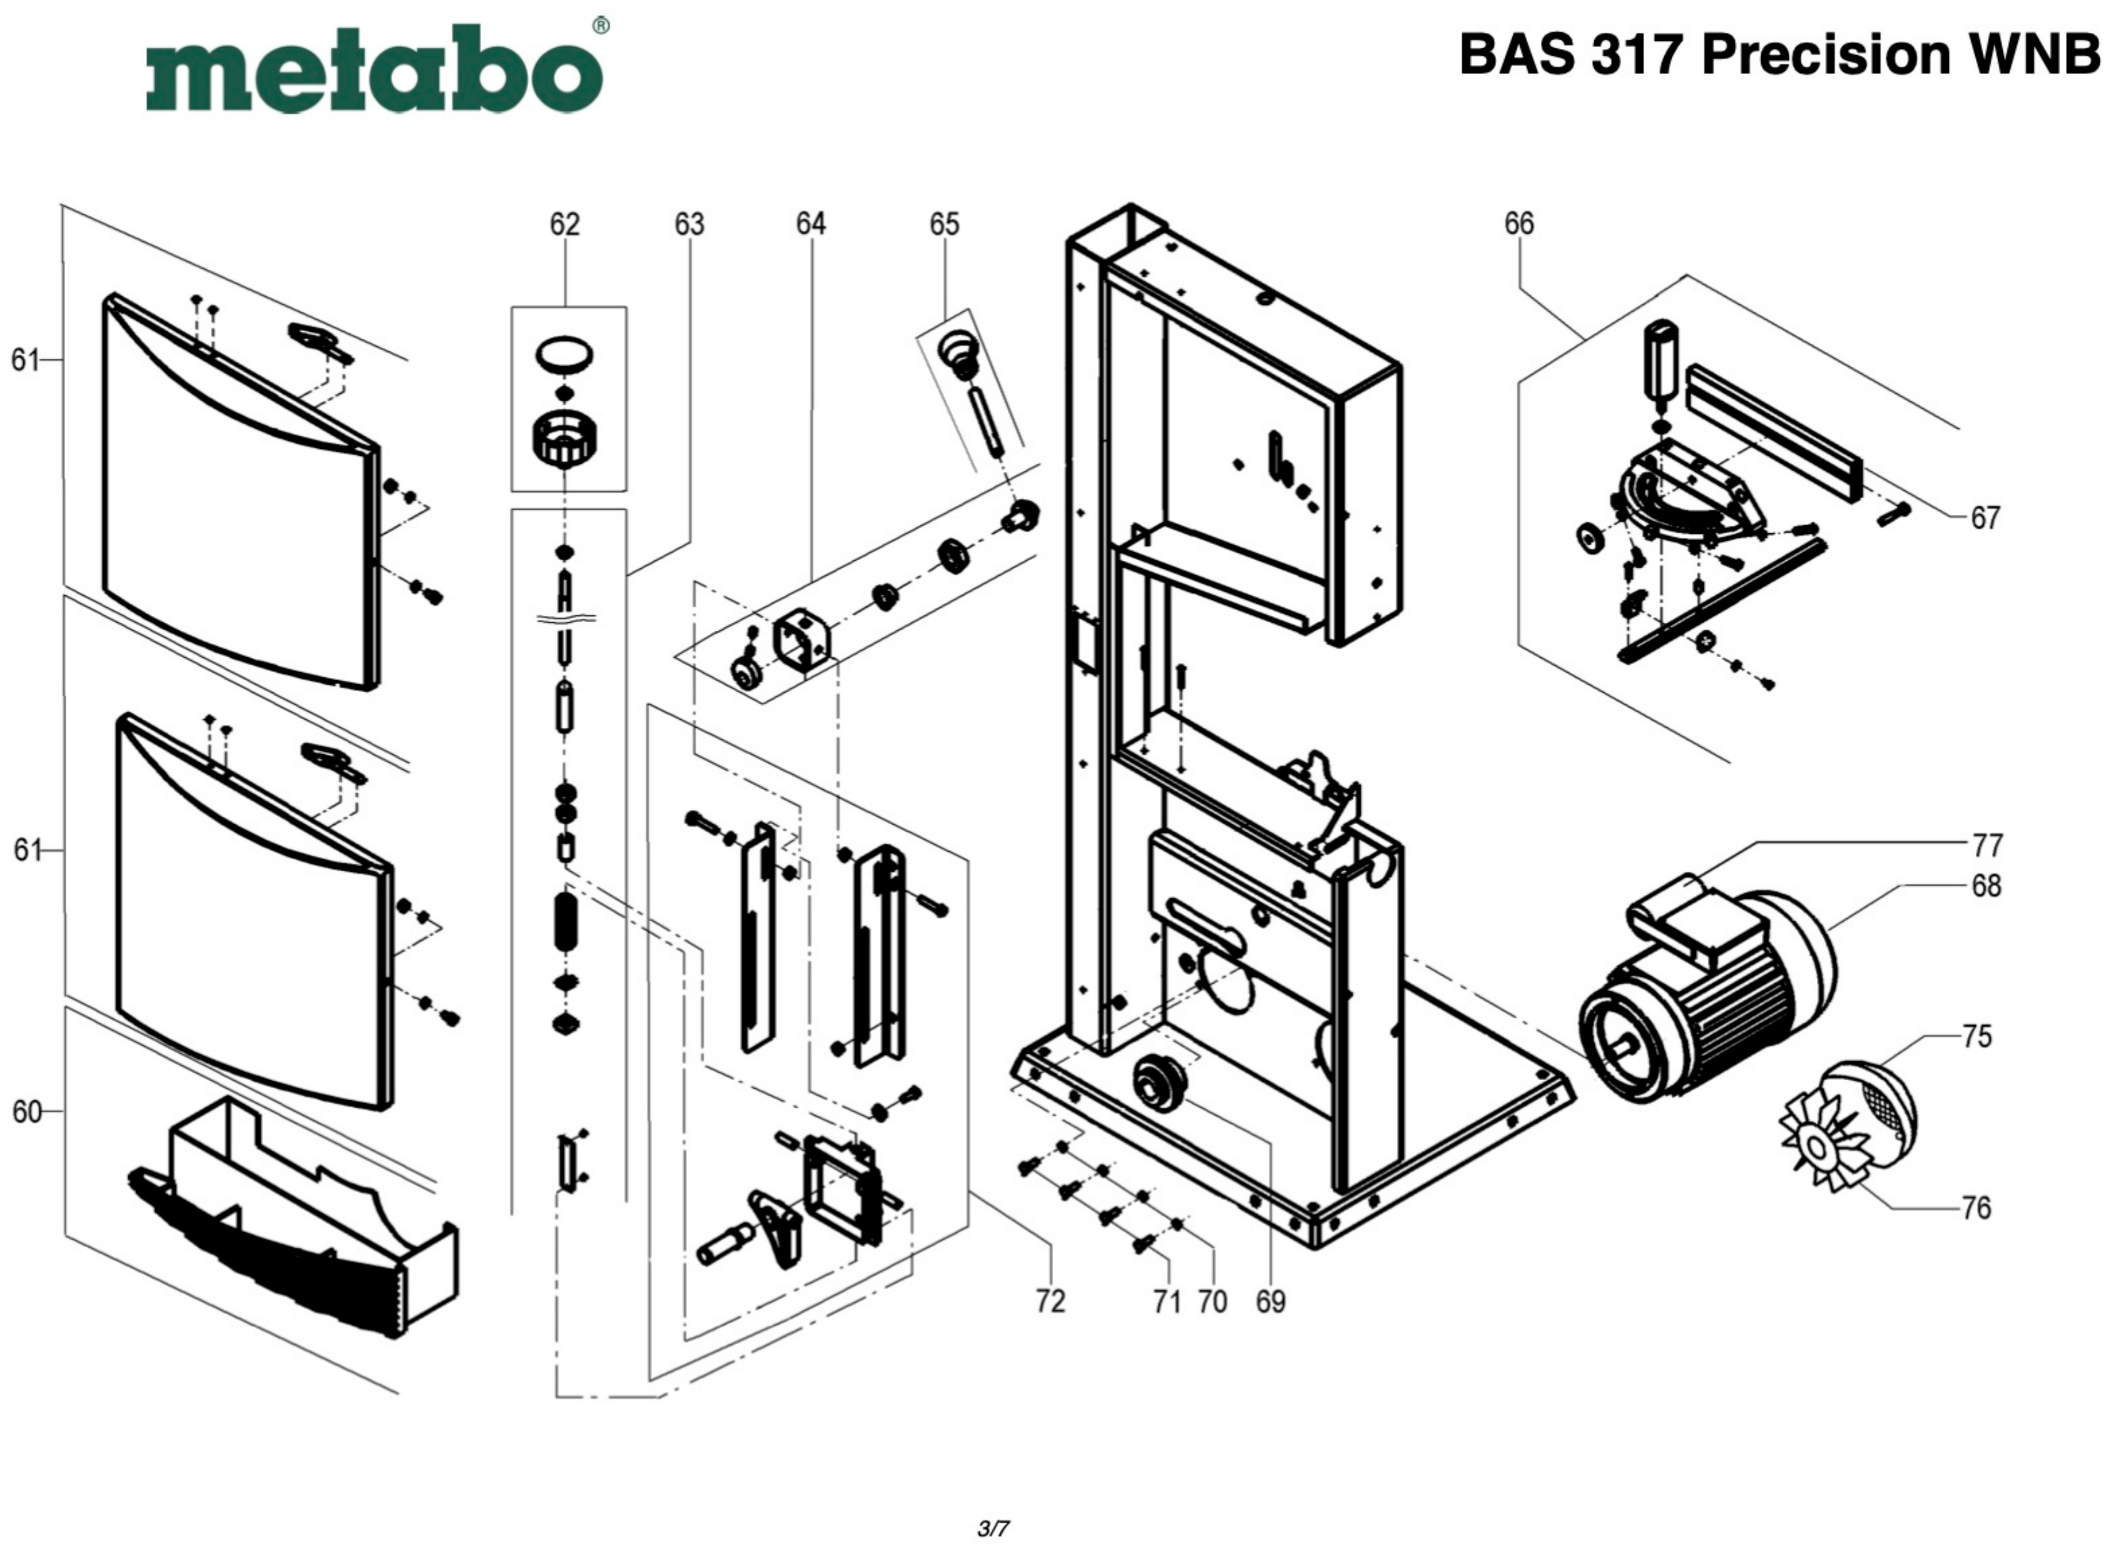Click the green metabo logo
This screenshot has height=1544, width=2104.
374,67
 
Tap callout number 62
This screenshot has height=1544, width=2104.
564,224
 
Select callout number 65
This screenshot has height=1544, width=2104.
944,224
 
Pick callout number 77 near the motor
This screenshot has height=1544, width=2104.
1987,845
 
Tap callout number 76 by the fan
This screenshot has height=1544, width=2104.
1976,1208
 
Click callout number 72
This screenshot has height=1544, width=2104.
1050,1302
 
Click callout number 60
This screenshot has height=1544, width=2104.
26,1111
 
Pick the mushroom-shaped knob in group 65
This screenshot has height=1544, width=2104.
960,350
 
